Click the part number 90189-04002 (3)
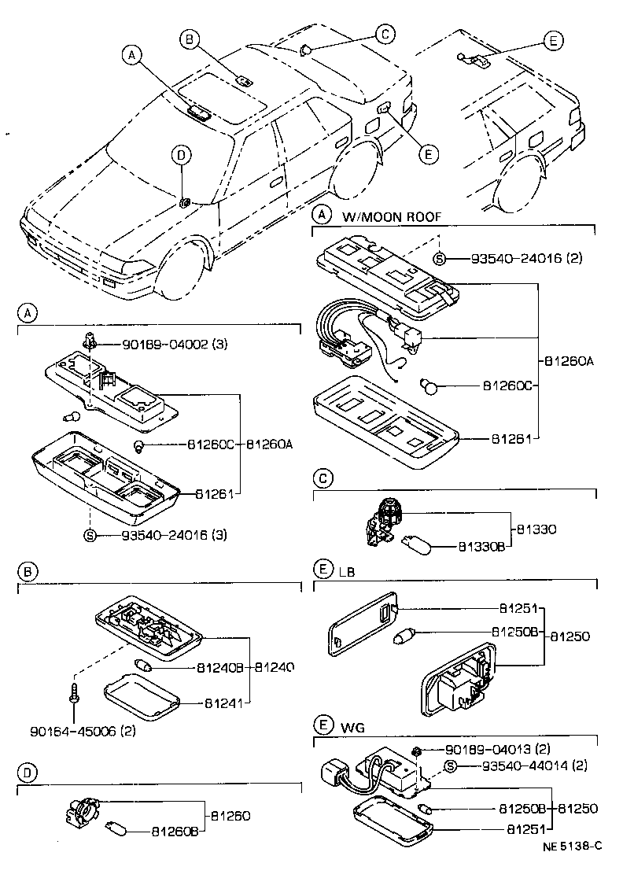(x=174, y=344)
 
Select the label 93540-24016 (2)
(x=527, y=258)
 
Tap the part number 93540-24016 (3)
(x=174, y=536)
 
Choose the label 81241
(x=224, y=702)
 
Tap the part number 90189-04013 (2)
(x=507, y=749)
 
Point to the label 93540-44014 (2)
(x=527, y=765)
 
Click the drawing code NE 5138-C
(x=572, y=846)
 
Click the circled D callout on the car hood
(x=180, y=155)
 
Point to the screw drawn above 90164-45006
(x=72, y=693)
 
